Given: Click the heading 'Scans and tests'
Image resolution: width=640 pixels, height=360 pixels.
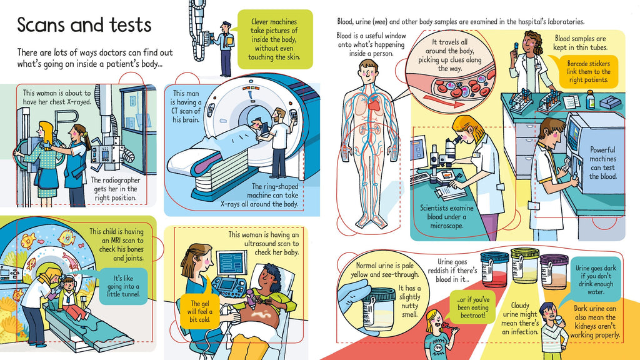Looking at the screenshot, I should click(x=84, y=25).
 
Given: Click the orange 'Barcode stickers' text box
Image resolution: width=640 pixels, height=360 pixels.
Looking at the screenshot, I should click(x=589, y=72).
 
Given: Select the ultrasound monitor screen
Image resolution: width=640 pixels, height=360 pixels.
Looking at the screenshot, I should click(x=232, y=263).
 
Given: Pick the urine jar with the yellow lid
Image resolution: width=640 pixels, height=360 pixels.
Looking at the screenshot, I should click(x=524, y=266).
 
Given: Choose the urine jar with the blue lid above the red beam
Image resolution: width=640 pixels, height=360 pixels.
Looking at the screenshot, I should click(x=494, y=270).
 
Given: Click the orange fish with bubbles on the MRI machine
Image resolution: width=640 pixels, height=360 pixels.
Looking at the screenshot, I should click(x=29, y=240).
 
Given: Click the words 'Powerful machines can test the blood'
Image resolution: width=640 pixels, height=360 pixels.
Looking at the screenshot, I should click(x=602, y=163).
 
